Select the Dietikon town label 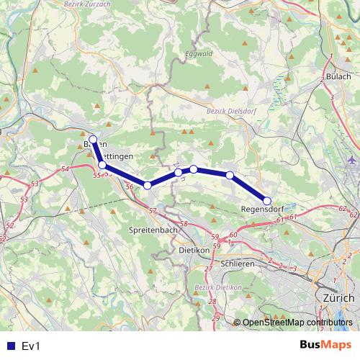[194, 250]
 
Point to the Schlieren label [238, 264]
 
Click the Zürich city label [338, 297]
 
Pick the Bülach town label [338, 76]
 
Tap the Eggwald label [199, 53]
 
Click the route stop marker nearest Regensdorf [266, 201]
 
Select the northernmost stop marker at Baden [93, 139]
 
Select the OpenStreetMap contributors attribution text [296, 323]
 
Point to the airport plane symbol [351, 160]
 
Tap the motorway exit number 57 [152, 210]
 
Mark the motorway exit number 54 [66, 168]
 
